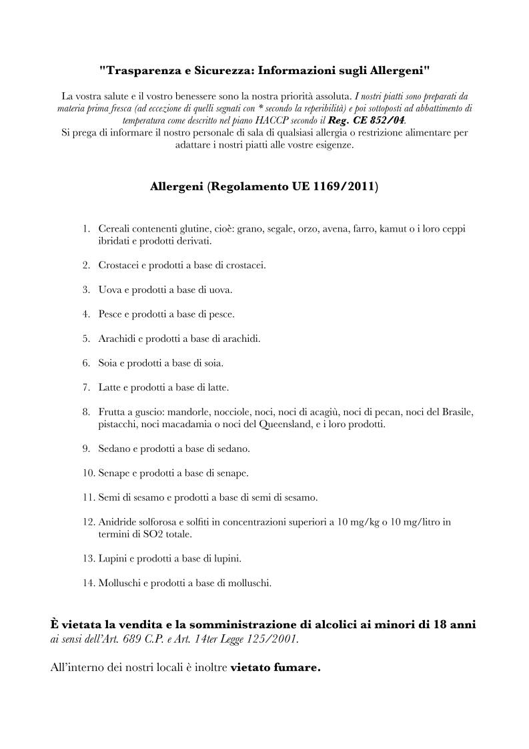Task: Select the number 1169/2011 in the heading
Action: [342, 187]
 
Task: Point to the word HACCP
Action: [274, 120]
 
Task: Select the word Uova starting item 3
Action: [109, 290]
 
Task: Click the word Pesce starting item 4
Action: [110, 314]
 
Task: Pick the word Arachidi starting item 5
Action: [115, 338]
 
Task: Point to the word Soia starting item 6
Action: [107, 363]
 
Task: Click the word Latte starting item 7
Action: [109, 387]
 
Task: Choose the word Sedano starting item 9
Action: [113, 449]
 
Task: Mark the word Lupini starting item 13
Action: [112, 558]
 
